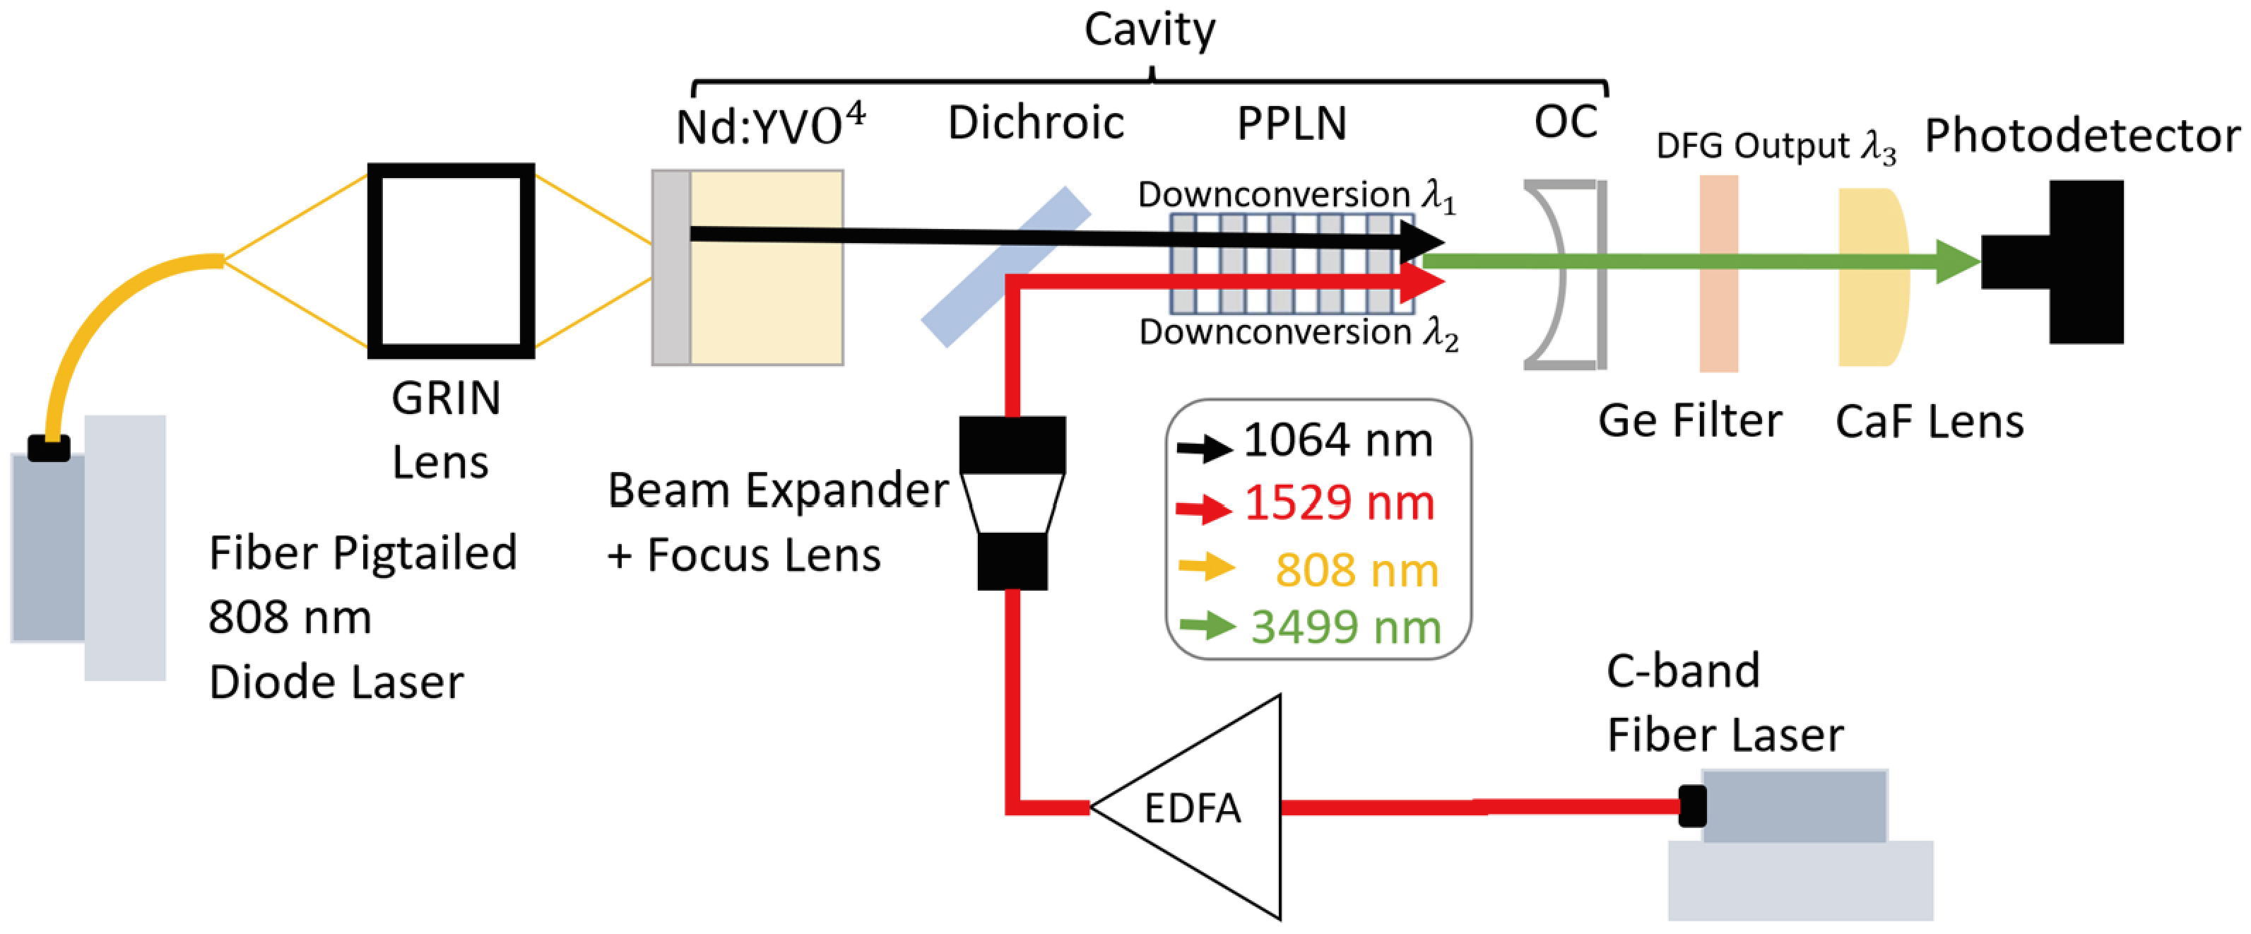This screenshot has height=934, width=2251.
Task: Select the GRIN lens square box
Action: click(x=451, y=261)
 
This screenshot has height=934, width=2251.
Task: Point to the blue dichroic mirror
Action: click(x=1005, y=266)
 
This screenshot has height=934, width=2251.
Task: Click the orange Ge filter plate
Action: click(x=1718, y=273)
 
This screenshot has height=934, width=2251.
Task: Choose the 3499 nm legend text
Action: click(x=1346, y=627)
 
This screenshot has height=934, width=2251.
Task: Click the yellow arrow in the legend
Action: click(x=1206, y=566)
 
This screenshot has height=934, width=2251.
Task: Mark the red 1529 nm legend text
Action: click(x=1339, y=503)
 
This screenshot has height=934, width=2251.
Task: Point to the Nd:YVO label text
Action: click(x=769, y=124)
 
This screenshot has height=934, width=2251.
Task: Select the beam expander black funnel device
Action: click(x=1012, y=502)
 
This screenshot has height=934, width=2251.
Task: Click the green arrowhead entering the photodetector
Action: click(x=1957, y=261)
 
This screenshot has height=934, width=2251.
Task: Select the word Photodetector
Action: click(x=2081, y=136)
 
